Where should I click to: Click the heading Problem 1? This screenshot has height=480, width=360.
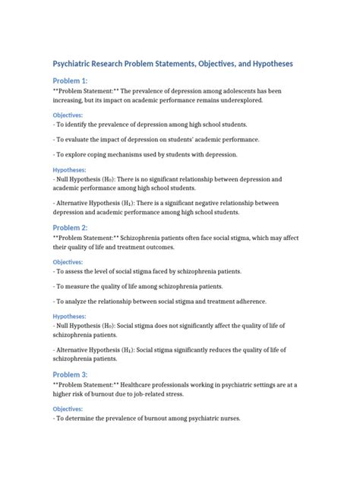coord(70,81)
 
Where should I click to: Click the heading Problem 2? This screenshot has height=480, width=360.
coord(70,227)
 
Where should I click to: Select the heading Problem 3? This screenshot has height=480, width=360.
coord(70,374)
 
